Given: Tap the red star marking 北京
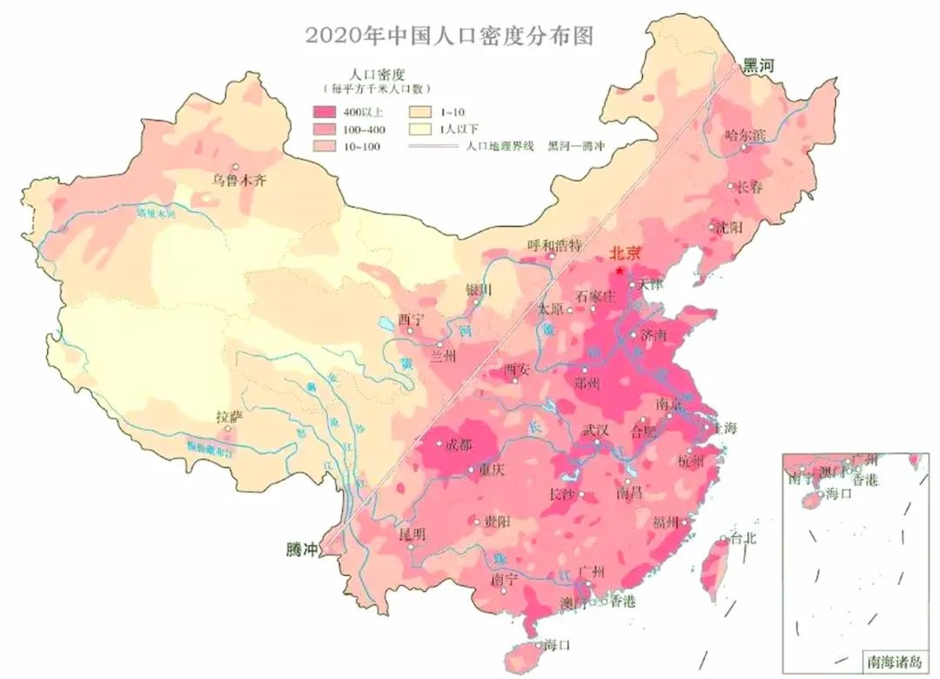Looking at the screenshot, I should click(619, 271).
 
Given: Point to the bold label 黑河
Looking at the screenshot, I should click(756, 65).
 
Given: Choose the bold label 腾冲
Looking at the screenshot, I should click(302, 550).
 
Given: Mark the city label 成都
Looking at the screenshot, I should click(458, 446).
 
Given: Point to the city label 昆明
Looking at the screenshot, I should click(413, 534).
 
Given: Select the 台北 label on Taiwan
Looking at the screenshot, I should click(743, 538).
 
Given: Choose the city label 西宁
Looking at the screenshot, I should click(410, 319).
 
